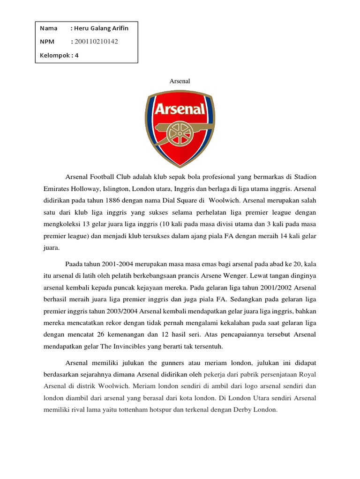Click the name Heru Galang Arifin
[101, 28]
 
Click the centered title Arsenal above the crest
[180, 81]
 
